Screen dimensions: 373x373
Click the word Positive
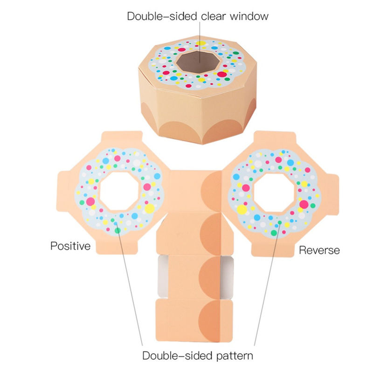[x=70, y=246]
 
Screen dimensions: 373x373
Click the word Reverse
[x=319, y=250]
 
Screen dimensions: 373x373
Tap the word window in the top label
[x=249, y=16]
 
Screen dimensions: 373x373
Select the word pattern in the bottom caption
[x=235, y=356]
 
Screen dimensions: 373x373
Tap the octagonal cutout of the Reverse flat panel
[x=275, y=193]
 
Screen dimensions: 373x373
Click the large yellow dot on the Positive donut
[x=150, y=208]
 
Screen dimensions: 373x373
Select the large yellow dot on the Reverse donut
[x=242, y=209]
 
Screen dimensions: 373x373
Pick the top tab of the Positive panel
[x=122, y=138]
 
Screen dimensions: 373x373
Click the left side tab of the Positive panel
[x=63, y=191]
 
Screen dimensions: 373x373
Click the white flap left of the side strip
[x=163, y=276]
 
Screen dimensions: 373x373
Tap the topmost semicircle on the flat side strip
[x=212, y=191]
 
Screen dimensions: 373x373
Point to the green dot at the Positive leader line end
[x=117, y=230]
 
